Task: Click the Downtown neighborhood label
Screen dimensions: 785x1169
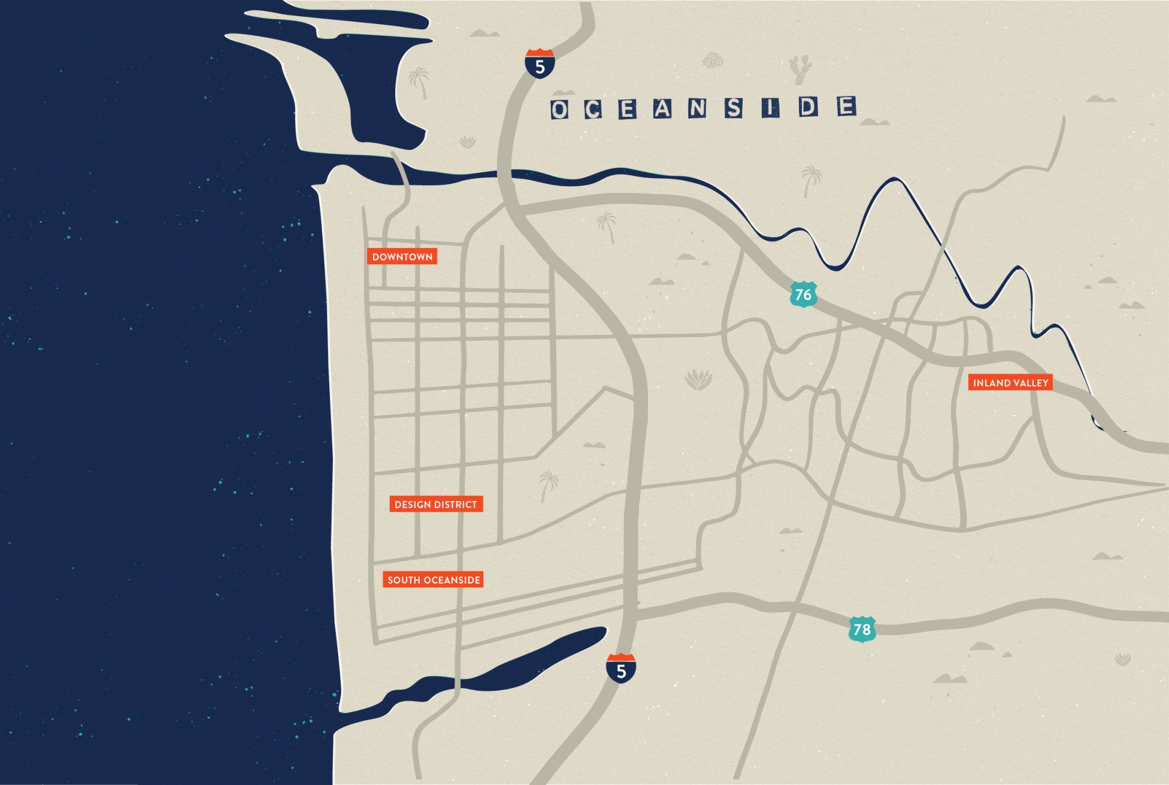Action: (402, 256)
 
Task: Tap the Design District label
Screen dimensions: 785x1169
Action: (435, 504)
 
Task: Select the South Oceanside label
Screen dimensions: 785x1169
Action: (433, 579)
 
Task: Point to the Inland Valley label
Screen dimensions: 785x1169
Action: (1010, 382)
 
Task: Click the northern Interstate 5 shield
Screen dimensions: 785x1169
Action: (540, 63)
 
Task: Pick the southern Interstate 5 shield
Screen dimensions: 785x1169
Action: (621, 668)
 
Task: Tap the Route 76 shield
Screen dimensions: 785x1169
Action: (803, 294)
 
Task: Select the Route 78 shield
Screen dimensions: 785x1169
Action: (862, 629)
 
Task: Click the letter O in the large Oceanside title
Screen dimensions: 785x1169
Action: (559, 110)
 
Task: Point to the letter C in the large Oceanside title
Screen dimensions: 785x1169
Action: (593, 110)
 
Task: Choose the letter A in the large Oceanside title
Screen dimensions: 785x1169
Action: (662, 109)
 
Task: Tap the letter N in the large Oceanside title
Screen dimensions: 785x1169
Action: (698, 108)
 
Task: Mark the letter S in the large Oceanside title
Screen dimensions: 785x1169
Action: (734, 108)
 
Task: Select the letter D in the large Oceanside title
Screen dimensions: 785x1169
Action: (808, 107)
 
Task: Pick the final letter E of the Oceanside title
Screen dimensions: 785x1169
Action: (846, 107)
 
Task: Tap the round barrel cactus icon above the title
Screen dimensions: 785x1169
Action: (713, 61)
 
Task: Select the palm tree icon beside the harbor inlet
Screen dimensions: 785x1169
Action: (419, 82)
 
